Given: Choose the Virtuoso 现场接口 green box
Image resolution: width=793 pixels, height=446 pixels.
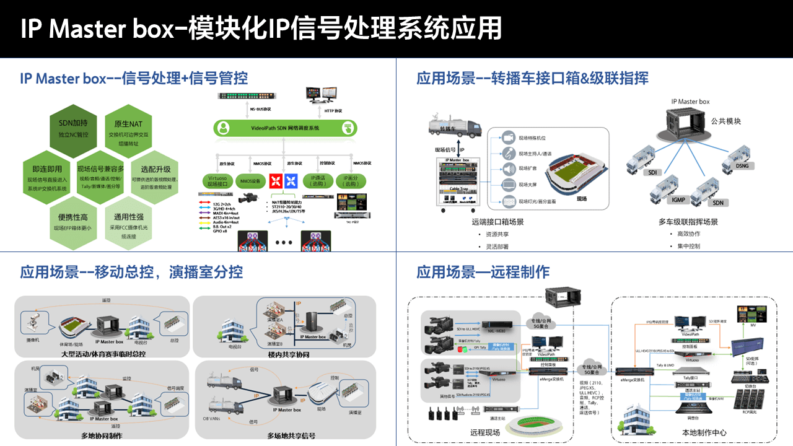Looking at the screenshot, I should pos(216,180).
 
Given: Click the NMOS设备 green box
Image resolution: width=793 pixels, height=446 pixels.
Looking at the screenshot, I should pos(250,180).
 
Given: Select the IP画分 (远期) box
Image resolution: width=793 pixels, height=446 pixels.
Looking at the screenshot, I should pos(351,180).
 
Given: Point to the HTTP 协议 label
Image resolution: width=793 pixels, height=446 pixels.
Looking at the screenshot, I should pos(333,110).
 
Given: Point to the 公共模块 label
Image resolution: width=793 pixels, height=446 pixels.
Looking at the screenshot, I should pos(726,121).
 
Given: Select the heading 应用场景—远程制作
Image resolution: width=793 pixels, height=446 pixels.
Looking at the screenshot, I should pos(483,272).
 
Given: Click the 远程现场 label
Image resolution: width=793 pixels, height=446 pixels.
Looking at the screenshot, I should pos(485,432).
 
